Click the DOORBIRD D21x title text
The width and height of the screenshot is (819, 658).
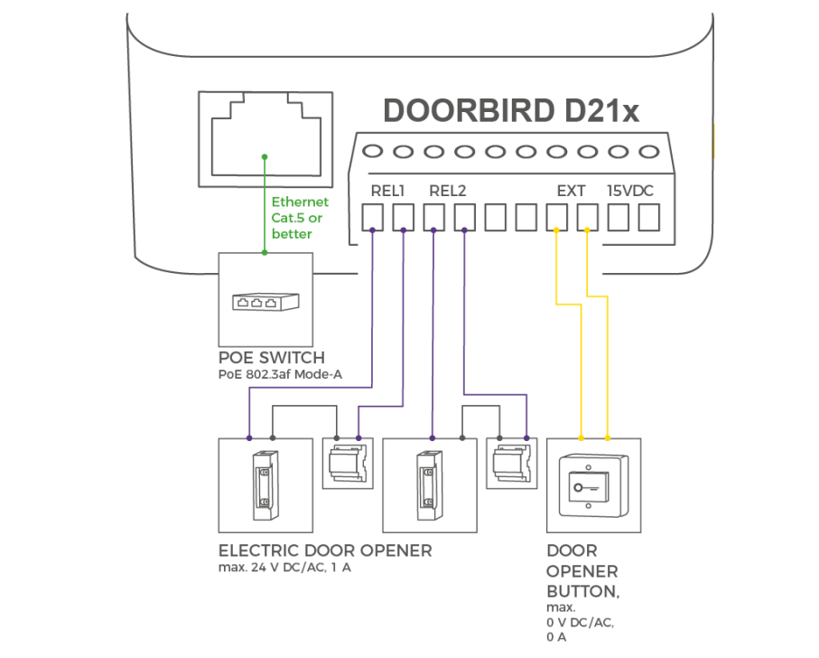pyautogui.click(x=512, y=110)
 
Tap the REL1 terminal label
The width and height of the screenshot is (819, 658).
pyautogui.click(x=388, y=191)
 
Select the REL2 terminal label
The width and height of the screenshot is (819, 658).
pyautogui.click(x=448, y=191)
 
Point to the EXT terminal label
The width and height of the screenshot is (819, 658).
pyautogui.click(x=571, y=191)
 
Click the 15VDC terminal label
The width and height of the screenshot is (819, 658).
pyautogui.click(x=630, y=191)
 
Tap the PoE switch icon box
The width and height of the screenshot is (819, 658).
pyautogui.click(x=265, y=299)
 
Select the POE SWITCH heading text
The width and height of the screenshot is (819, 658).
pyautogui.click(x=271, y=358)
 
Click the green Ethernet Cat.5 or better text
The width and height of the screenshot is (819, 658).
pyautogui.click(x=300, y=218)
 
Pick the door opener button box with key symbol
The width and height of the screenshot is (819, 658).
pyautogui.click(x=593, y=484)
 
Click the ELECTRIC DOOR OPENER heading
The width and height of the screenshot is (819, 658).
pyautogui.click(x=325, y=550)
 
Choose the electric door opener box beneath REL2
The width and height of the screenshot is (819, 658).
pyautogui.click(x=429, y=484)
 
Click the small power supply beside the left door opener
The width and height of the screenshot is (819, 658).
pyautogui.click(x=348, y=464)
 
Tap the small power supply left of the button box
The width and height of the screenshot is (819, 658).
pyautogui.click(x=511, y=464)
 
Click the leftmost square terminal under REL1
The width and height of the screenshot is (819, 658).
pyautogui.click(x=373, y=218)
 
